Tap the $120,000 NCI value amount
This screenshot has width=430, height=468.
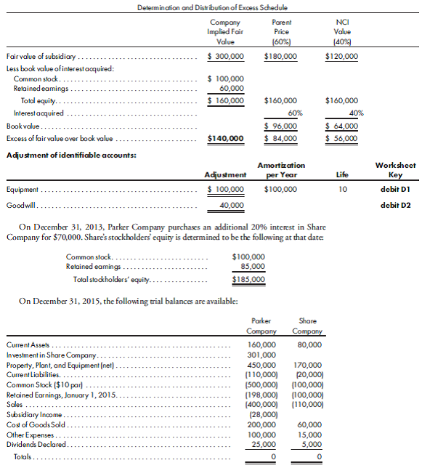click(x=341, y=56)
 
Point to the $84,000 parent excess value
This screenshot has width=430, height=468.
click(x=281, y=138)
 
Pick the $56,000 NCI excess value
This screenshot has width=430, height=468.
click(x=341, y=138)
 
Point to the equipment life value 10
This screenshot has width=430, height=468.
click(x=344, y=189)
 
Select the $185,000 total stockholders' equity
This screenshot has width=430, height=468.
click(x=248, y=279)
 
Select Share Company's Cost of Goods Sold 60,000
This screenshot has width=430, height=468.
click(x=310, y=424)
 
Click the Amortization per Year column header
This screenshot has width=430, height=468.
click(x=281, y=170)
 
